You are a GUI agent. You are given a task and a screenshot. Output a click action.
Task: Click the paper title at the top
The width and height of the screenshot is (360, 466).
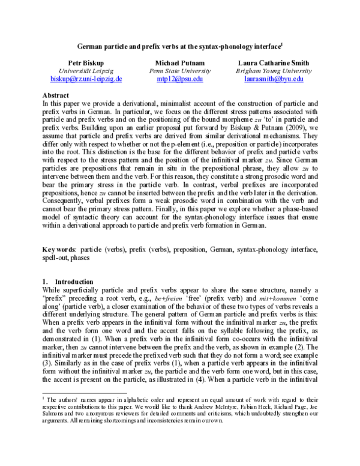tap(179, 46)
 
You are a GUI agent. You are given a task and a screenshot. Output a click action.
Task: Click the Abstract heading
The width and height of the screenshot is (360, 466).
tap(56, 95)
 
